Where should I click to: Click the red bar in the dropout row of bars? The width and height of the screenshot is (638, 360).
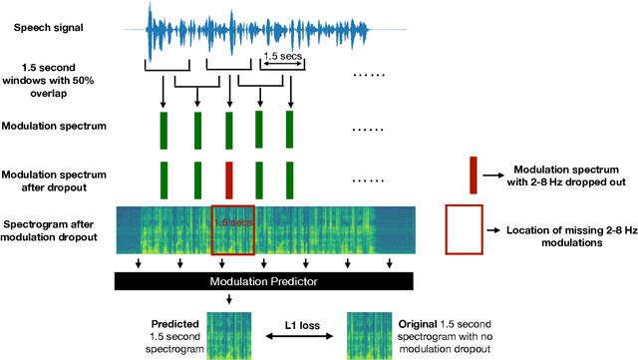pos(229,180)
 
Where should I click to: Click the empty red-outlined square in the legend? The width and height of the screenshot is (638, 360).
pos(465,230)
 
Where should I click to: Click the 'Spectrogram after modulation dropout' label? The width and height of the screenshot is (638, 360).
pos(50,231)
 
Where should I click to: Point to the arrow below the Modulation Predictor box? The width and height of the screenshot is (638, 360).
pos(229,299)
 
